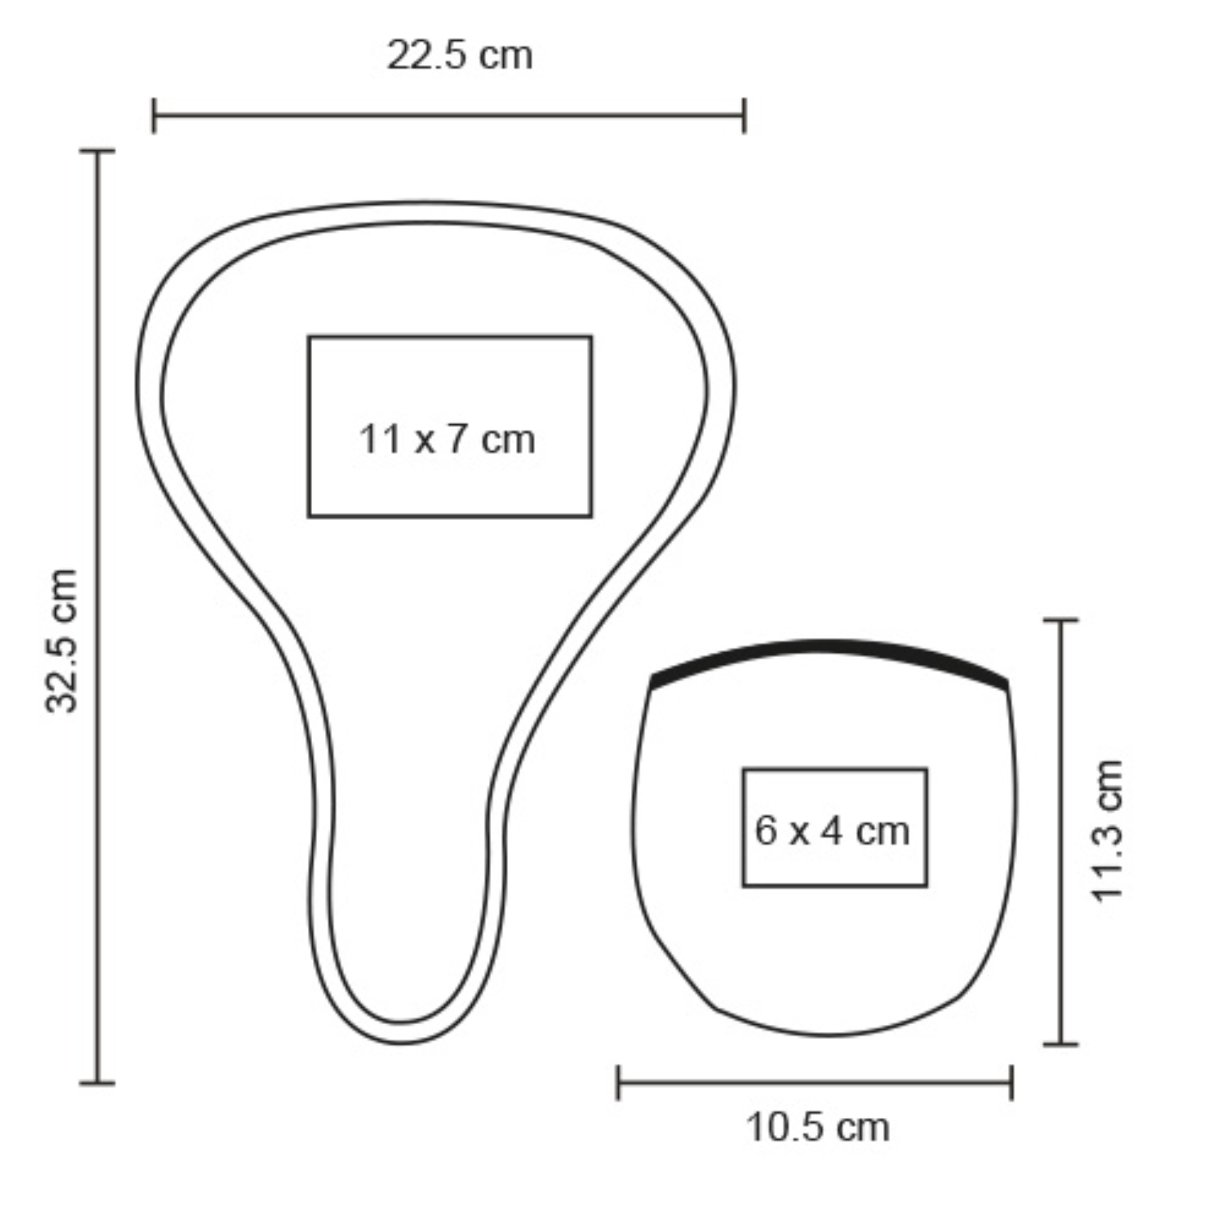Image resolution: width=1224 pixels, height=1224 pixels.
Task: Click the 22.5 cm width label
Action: pos(459,55)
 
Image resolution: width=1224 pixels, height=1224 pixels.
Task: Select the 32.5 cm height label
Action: pos(61,641)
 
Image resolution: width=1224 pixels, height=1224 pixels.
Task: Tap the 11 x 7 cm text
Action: pos(447,439)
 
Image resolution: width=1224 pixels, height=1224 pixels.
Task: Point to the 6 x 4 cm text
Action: pos(832,830)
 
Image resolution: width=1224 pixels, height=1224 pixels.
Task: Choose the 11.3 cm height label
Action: pos(1106,830)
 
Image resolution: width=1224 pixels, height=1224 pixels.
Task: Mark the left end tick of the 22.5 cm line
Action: pos(154,116)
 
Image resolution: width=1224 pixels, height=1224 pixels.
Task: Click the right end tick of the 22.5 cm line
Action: pos(745,116)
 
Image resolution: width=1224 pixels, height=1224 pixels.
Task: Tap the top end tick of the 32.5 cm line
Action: pos(97,151)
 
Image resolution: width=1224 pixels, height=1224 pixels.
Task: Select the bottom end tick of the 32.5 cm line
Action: pos(97,1083)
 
